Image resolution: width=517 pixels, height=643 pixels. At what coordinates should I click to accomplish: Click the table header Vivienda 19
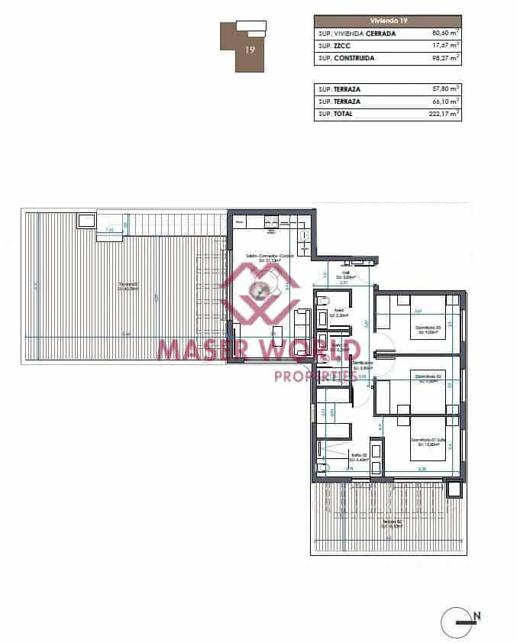tap(388, 21)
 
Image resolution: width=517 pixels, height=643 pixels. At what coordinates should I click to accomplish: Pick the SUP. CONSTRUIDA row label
tap(348, 57)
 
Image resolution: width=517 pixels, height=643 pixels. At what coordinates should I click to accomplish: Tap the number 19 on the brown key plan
tap(250, 50)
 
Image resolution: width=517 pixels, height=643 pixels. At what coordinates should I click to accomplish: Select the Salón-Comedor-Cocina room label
tap(264, 257)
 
